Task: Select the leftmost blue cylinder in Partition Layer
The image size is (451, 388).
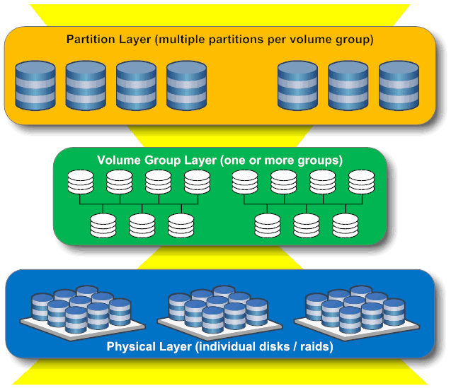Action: click(x=35, y=86)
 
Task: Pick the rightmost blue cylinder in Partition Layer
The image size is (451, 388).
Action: click(x=399, y=86)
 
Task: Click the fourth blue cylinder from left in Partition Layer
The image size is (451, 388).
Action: click(x=186, y=86)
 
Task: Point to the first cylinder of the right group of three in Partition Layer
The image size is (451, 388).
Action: click(x=297, y=86)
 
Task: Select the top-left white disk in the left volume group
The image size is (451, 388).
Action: click(x=80, y=183)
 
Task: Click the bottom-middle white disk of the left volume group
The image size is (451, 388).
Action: click(x=142, y=224)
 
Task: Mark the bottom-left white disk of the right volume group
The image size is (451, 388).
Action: click(x=267, y=224)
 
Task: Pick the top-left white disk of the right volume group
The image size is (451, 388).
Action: click(x=244, y=183)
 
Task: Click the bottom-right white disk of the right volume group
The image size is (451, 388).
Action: click(x=346, y=224)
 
